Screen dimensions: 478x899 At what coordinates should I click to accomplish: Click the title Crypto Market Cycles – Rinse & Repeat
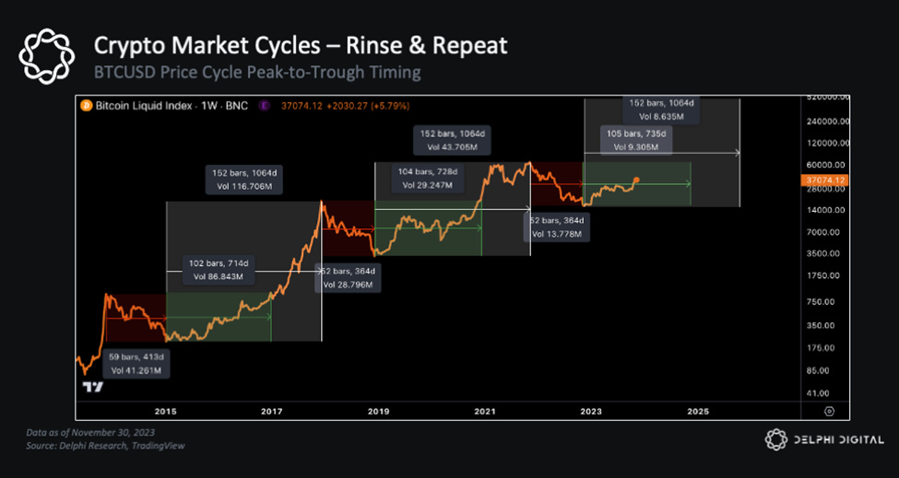coord(300,45)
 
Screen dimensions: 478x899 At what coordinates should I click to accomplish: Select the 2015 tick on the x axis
coord(166,410)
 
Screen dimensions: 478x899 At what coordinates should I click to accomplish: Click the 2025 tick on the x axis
coord(698,410)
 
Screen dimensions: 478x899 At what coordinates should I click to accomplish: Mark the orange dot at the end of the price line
coord(636,180)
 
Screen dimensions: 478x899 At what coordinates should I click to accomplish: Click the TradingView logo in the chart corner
coord(90,388)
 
